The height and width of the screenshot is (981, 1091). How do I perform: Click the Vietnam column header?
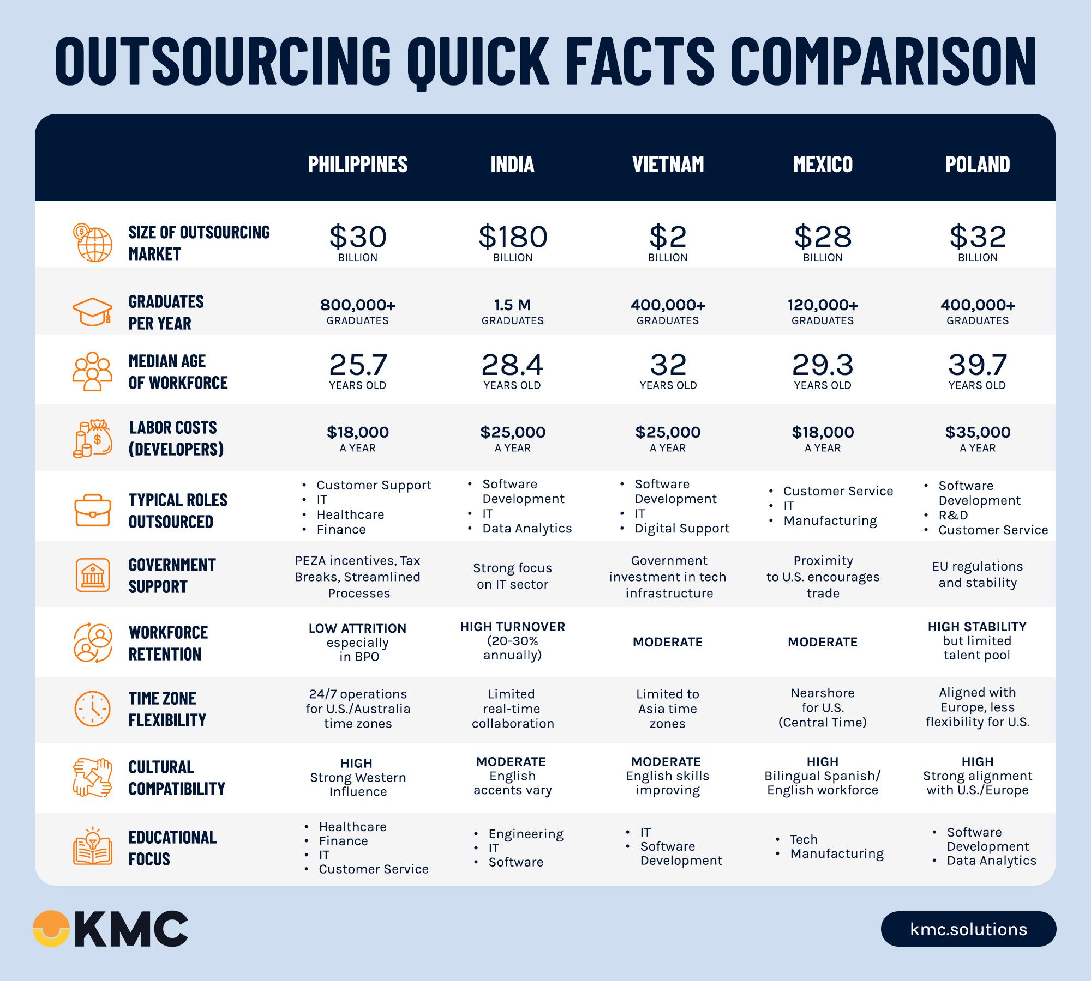(668, 164)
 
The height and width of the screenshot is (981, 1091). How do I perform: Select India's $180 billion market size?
(513, 237)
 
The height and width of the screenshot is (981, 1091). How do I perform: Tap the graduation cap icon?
(93, 312)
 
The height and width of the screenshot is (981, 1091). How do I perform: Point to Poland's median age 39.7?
(977, 365)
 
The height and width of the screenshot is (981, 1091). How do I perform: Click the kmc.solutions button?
(968, 929)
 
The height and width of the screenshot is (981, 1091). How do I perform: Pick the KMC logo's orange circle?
(51, 928)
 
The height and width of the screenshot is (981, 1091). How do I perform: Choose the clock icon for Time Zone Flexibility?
(92, 709)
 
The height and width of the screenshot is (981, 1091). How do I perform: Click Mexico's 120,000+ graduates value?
(823, 305)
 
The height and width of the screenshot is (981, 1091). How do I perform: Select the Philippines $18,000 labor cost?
(358, 432)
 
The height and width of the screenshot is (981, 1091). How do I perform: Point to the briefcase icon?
(93, 510)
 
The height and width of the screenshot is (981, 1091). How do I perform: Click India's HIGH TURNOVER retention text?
(512, 627)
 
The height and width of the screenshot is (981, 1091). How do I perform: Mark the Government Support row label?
(172, 576)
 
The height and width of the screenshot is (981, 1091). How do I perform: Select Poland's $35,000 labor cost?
(978, 432)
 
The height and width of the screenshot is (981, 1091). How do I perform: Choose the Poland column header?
(978, 164)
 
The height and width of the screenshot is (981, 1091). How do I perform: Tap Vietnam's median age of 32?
(668, 365)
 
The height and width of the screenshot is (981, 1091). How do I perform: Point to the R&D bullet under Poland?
(953, 515)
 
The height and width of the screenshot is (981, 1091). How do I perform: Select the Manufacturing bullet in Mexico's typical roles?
(830, 520)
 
